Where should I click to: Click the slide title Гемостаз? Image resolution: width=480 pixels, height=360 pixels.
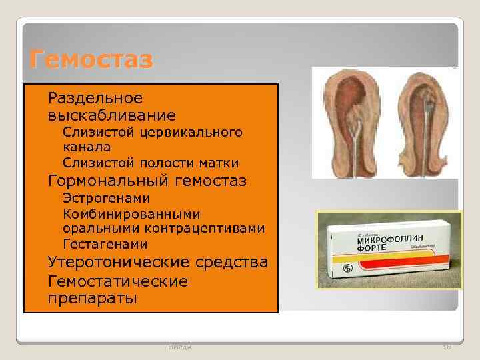91,60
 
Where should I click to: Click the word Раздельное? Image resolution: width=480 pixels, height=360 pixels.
95,99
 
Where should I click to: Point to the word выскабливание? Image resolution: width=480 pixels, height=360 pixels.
111,115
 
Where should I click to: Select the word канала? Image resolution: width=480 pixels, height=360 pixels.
87,147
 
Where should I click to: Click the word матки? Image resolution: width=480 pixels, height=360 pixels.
219,163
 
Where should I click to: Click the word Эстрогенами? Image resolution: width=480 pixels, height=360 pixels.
106,198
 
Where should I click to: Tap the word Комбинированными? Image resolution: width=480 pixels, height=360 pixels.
131,214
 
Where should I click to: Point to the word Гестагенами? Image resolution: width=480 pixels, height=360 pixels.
105,245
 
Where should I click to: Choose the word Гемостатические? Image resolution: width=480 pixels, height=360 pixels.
117,281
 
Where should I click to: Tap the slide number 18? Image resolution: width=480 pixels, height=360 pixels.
446,346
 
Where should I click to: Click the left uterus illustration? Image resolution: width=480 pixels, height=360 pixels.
350,123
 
